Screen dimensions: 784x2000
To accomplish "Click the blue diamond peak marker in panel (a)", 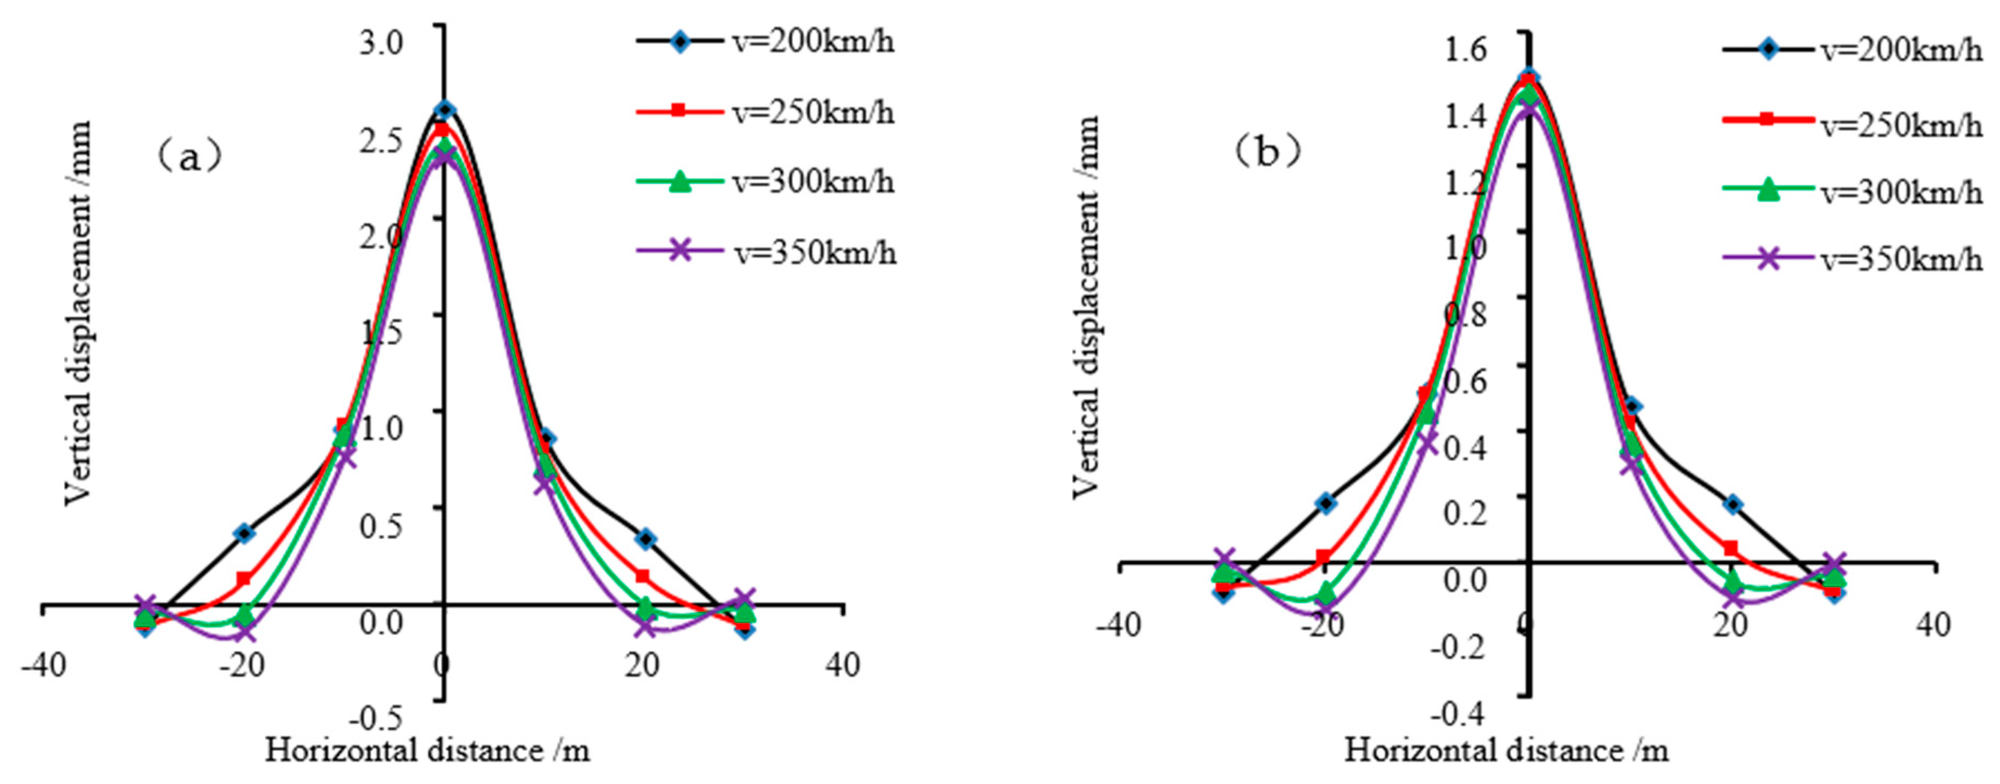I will (444, 110).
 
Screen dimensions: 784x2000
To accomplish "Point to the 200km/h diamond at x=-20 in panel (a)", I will (244, 533).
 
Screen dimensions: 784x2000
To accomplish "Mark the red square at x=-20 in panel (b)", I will (1324, 557).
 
